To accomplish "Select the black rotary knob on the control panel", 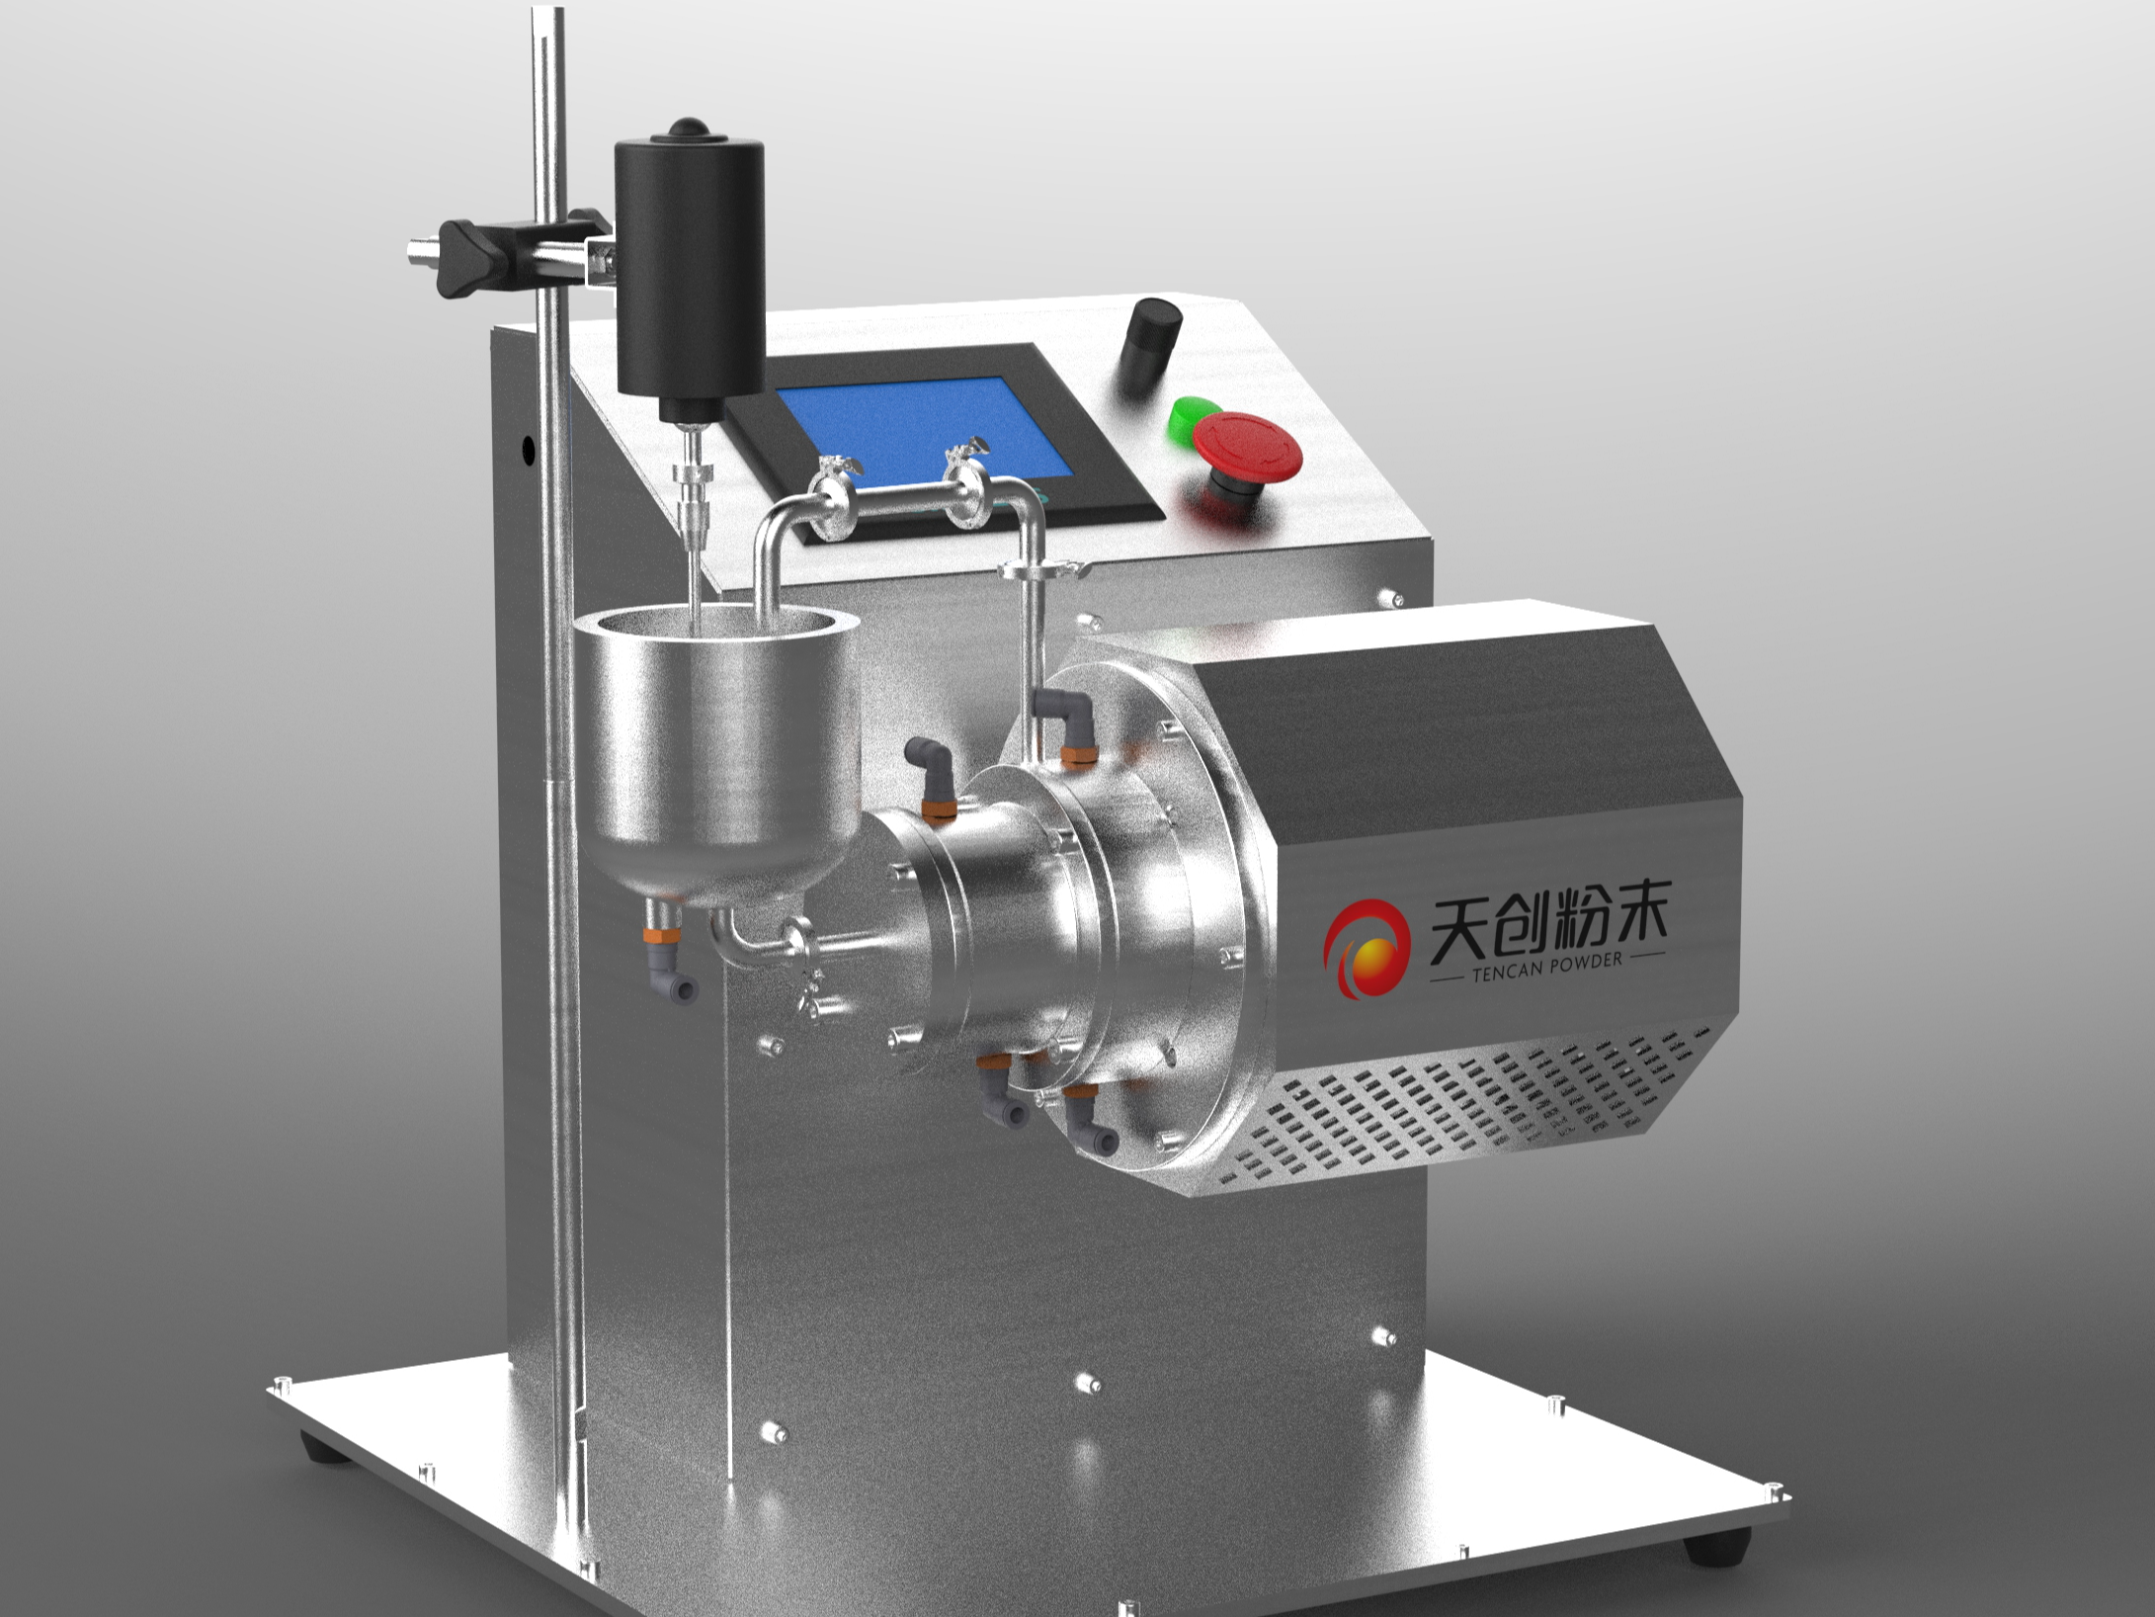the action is click(1152, 348).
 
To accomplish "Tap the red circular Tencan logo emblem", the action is click(1368, 948).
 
